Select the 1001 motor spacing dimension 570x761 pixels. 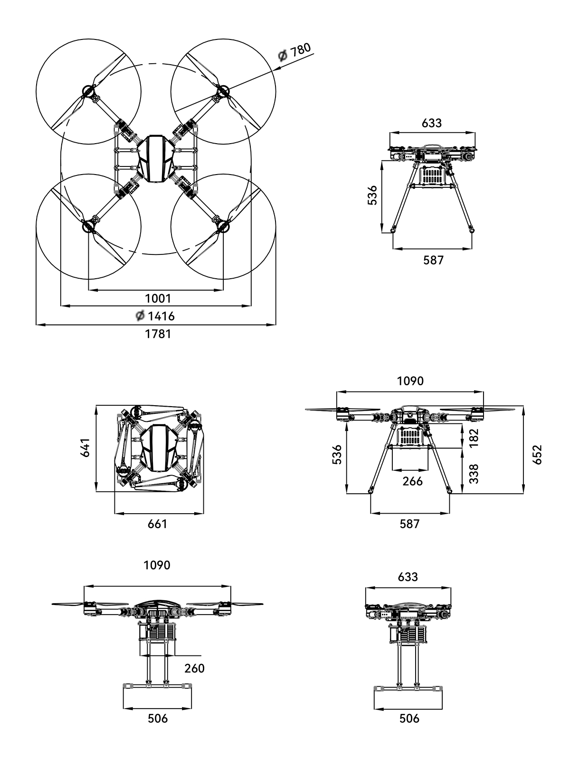click(158, 298)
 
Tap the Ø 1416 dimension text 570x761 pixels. click(155, 316)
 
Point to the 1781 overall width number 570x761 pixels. click(158, 334)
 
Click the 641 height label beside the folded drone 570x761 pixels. click(85, 448)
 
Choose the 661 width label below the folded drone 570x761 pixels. click(158, 524)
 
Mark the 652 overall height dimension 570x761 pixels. click(537, 455)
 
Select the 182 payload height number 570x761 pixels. click(474, 438)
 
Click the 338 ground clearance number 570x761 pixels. click(474, 474)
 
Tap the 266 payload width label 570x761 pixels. click(412, 481)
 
